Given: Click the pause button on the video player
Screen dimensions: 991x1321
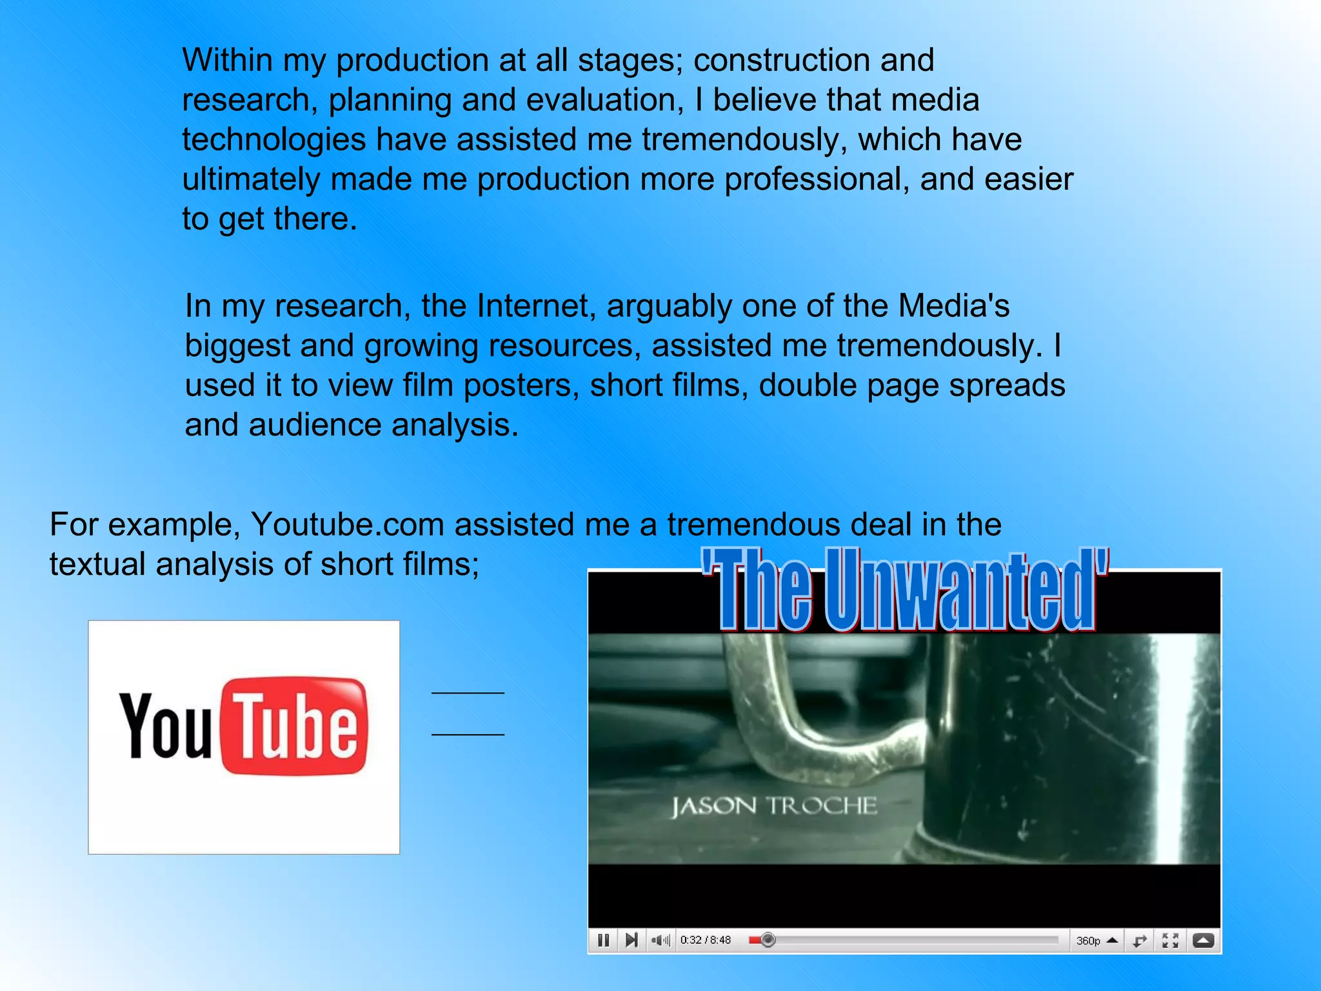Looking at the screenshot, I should coord(603,940).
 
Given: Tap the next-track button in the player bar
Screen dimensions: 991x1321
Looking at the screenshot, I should coord(631,940).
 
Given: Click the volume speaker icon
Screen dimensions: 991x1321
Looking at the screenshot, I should coord(659,940).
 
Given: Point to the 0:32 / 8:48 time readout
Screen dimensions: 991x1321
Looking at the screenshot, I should coord(705,940).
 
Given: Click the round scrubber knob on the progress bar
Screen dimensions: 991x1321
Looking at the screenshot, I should coord(768,940).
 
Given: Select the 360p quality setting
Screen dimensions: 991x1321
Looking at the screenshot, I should coord(1088,941).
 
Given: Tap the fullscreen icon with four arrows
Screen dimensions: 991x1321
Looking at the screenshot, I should coord(1170,941).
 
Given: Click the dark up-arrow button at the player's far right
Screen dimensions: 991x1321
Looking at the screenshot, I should coord(1203,941).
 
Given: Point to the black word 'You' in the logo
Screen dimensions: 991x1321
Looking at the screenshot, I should coord(166,726).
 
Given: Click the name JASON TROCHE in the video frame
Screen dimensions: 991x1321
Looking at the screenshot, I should coord(774,806).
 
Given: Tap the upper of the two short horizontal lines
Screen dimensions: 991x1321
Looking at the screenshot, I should coord(468,693).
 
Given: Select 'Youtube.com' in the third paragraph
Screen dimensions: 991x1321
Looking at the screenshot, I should coord(347,524).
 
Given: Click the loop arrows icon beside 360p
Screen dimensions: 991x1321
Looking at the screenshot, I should coord(1140,941).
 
